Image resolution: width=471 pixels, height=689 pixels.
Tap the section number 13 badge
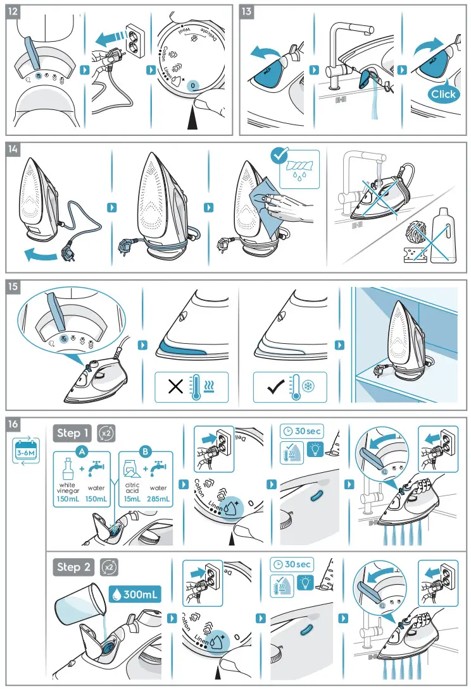[x=247, y=11]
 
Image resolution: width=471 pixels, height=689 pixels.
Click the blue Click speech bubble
[x=443, y=95]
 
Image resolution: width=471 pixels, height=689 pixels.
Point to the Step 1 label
[x=73, y=433]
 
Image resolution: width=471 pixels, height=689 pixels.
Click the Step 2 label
[x=73, y=567]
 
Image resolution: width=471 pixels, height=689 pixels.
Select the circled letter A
[x=81, y=451]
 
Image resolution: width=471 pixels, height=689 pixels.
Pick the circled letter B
[x=146, y=451]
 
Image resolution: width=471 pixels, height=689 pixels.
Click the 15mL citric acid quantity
[x=132, y=499]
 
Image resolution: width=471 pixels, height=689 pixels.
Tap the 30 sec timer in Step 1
[x=301, y=431]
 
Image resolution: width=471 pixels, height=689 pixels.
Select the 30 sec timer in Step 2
[x=292, y=564]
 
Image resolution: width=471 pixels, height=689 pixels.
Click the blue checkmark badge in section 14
[x=278, y=155]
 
